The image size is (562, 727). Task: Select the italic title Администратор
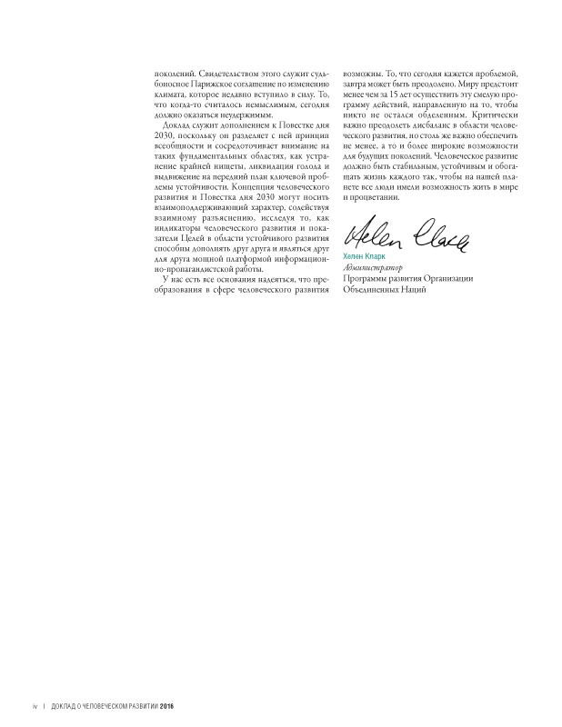click(371, 269)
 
